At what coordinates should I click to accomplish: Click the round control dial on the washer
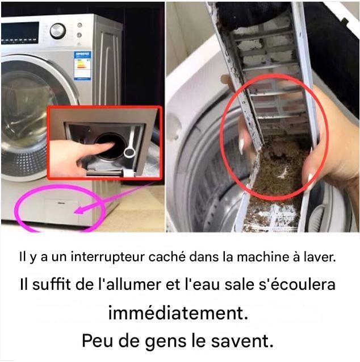coord(58,31)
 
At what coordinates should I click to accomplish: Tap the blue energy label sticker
coord(82,65)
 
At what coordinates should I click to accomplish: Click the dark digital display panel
coord(20,33)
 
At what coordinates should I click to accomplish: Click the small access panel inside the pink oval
coord(61,211)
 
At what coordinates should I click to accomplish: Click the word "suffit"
coord(52,284)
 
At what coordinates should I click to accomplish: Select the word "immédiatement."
coord(178,313)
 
